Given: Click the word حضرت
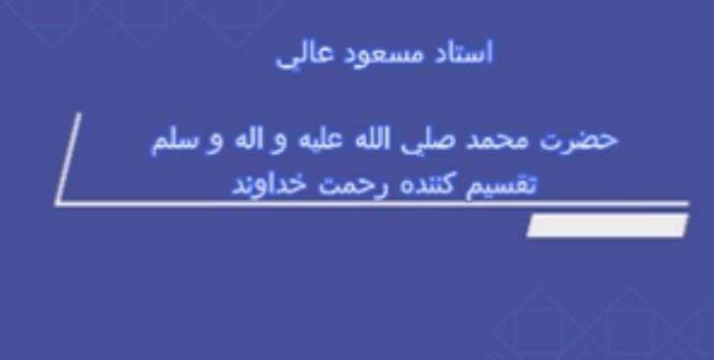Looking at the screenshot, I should [x=586, y=138].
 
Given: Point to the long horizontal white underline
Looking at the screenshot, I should [x=373, y=204].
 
